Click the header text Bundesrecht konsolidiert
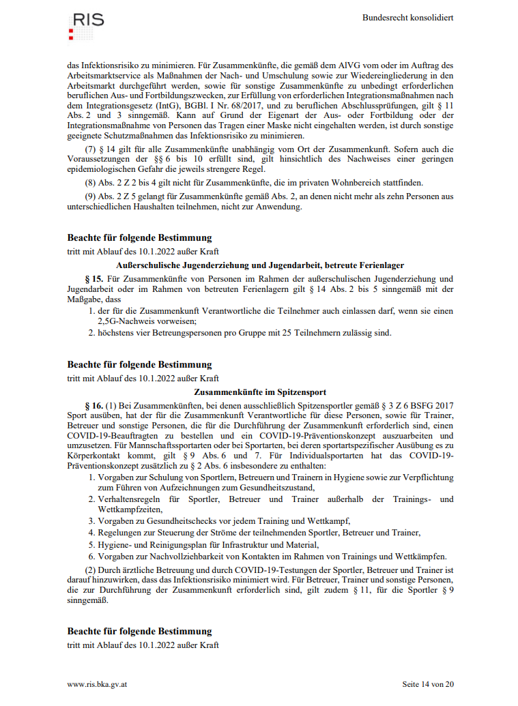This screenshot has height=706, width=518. pos(407,18)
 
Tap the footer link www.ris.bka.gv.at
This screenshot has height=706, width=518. pos(98,683)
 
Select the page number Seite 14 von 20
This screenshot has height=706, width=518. pos(428,683)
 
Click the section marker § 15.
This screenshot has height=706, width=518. pos(94,278)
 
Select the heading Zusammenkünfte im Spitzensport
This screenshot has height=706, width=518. pos(260,392)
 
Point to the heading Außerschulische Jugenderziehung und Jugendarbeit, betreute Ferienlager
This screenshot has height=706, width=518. pos(260,265)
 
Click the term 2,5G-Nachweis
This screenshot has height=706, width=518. pos(127,321)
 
